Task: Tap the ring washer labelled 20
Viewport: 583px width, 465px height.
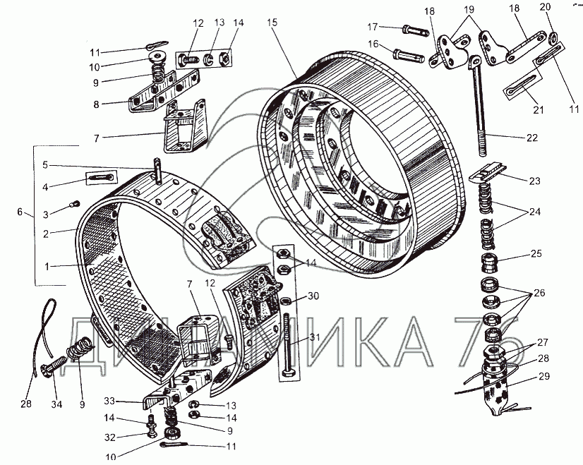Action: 553,36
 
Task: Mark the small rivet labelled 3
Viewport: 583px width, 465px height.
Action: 73,205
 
